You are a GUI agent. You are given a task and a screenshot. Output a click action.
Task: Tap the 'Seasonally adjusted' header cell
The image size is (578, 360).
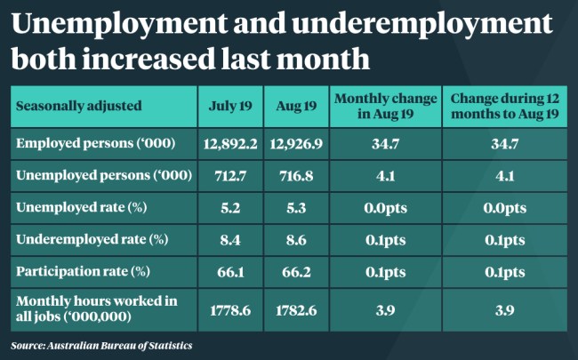click(78, 107)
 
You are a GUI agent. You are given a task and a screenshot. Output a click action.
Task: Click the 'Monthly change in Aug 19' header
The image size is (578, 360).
click(386, 107)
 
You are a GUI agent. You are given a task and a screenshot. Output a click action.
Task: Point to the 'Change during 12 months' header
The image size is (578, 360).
click(504, 107)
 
